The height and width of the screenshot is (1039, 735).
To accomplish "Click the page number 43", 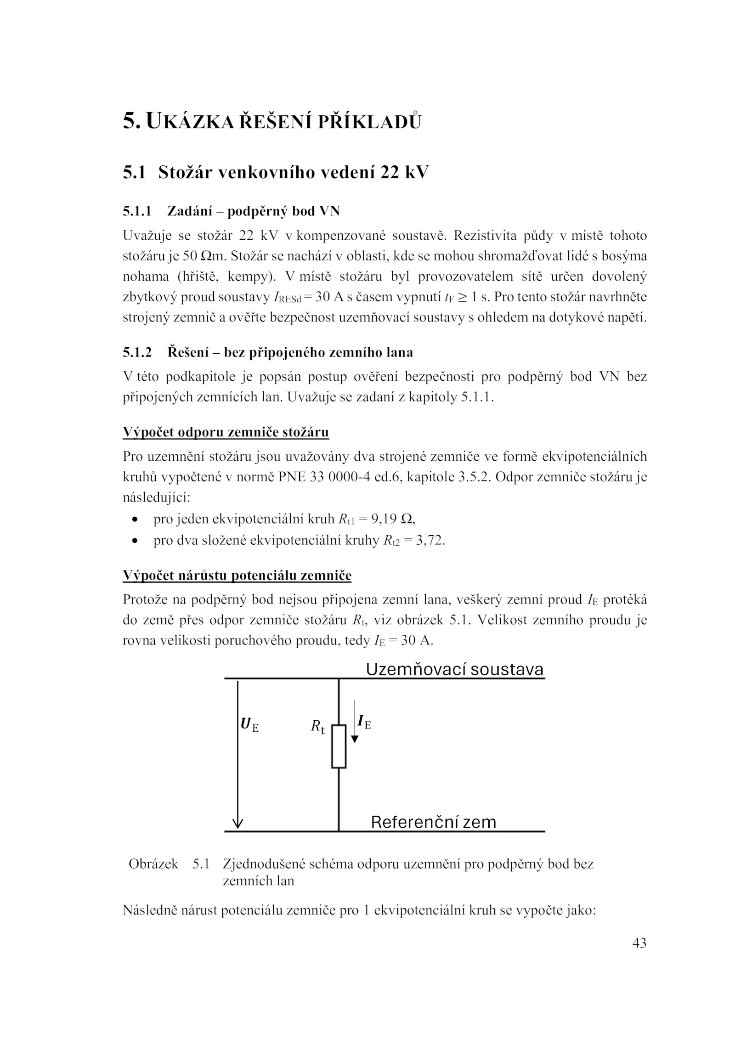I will tap(639, 943).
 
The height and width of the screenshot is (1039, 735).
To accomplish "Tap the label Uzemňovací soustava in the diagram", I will tap(454, 670).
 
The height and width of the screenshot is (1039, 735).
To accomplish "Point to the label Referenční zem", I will tap(433, 822).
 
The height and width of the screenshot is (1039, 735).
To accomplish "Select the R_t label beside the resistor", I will tap(317, 726).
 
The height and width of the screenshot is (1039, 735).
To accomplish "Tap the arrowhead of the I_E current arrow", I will tap(354, 739).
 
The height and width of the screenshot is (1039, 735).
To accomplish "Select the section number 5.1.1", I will tap(137, 211).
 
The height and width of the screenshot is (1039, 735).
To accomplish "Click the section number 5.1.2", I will tap(137, 352).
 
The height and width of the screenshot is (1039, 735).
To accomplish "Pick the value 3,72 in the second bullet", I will tap(430, 541).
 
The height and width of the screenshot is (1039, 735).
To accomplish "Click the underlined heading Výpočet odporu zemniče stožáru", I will tap(226, 432).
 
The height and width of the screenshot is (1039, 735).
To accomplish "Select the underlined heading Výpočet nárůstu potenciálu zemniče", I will tap(237, 576).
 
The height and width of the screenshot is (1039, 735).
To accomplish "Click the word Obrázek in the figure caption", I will tap(153, 864).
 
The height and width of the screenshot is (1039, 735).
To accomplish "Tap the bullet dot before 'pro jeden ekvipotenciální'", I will tap(135, 520).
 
